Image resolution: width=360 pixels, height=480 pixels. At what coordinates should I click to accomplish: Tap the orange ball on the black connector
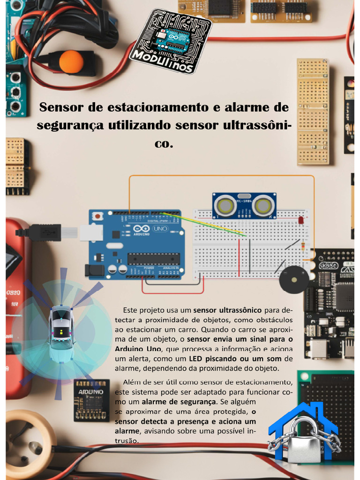click(x=71, y=62)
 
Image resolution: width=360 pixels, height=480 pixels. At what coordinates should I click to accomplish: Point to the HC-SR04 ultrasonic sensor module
click(x=244, y=205)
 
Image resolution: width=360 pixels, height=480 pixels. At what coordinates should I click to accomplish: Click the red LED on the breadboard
click(x=301, y=220)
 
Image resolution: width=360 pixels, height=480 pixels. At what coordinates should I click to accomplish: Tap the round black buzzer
click(x=294, y=281)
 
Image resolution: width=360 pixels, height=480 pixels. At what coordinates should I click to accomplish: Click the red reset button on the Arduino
click(x=97, y=217)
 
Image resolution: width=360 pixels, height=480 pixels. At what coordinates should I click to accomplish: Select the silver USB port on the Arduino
click(x=91, y=232)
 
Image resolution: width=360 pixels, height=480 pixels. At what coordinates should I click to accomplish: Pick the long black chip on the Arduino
click(x=154, y=259)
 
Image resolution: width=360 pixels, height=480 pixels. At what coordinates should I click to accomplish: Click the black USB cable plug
click(x=43, y=232)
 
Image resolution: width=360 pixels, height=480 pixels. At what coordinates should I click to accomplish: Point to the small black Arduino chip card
click(x=91, y=400)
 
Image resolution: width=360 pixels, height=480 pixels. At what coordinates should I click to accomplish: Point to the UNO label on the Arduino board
click(x=161, y=229)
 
